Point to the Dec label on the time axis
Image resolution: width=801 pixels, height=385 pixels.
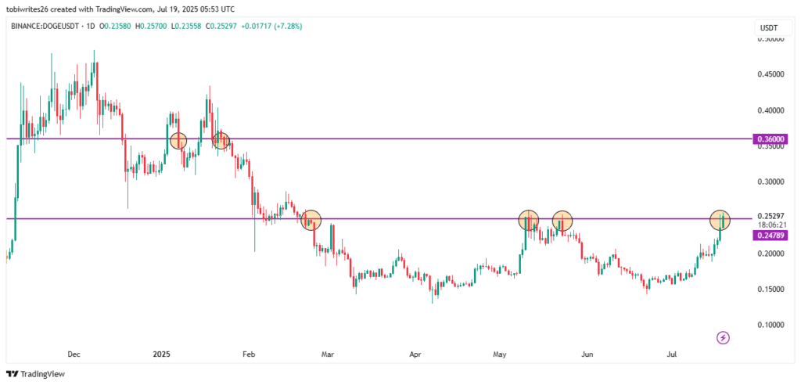point(74,354)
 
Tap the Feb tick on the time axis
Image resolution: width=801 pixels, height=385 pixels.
point(249,354)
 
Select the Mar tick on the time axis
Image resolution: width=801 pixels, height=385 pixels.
point(329,354)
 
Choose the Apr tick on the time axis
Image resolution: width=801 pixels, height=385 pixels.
point(415,354)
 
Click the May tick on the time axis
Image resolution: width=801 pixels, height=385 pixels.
point(499,354)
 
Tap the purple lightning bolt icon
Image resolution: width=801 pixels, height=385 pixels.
point(724,337)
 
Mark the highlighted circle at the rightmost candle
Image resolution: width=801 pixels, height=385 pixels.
point(720,220)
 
